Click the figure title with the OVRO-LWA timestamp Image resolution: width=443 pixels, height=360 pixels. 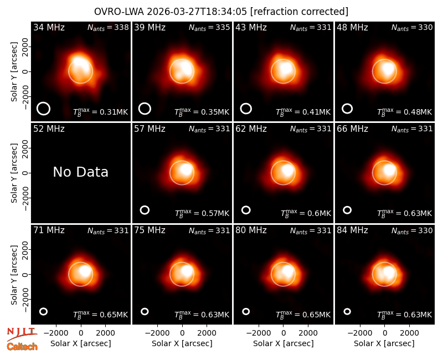(221, 12)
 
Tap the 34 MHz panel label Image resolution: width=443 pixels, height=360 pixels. (49, 27)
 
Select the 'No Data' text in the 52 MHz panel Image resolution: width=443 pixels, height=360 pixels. (80, 172)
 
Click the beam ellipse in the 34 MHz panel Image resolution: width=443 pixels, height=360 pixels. (44, 109)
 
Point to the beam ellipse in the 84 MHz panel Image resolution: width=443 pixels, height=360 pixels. (347, 311)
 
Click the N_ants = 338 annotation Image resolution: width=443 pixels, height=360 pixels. (108, 27)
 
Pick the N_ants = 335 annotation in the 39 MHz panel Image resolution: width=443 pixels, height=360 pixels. (209, 27)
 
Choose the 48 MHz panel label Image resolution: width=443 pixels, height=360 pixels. (352, 27)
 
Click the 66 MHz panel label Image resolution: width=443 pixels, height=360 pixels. (352, 129)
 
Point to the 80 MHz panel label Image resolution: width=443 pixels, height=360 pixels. (251, 230)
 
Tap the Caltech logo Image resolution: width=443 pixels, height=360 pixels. (22, 347)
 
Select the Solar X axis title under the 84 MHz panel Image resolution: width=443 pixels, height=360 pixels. (384, 343)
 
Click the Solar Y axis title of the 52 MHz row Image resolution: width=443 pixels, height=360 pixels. (14, 173)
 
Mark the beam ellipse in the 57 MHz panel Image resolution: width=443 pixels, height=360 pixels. (145, 210)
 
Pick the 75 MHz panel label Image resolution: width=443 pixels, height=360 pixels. (150, 230)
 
